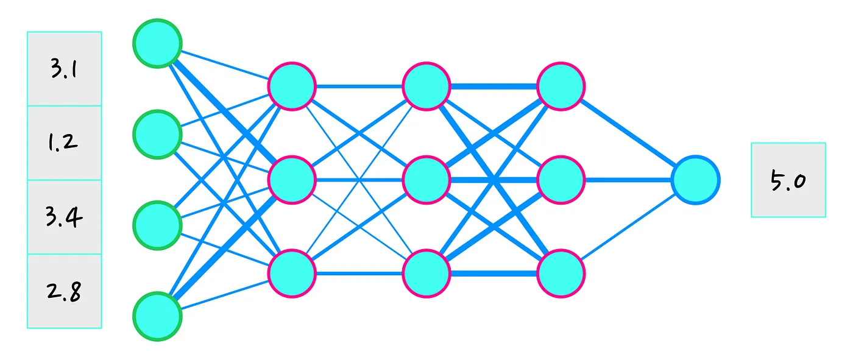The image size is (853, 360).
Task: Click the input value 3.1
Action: click(x=64, y=69)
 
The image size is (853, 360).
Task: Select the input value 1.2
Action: click(x=63, y=143)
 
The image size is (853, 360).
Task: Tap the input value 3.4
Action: click(x=64, y=216)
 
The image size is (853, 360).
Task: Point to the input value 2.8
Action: click(x=64, y=291)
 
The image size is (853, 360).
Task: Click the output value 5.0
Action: click(x=788, y=180)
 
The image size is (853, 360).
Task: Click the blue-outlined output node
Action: click(x=695, y=180)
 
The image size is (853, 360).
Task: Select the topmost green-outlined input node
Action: click(x=157, y=43)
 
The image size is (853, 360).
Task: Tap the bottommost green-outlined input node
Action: click(x=157, y=317)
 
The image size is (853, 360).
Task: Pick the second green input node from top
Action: click(x=157, y=135)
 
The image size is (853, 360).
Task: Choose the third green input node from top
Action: click(x=157, y=225)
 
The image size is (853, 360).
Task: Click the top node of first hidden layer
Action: click(x=292, y=86)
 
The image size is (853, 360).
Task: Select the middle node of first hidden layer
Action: click(x=292, y=180)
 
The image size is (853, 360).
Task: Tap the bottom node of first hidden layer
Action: click(x=292, y=274)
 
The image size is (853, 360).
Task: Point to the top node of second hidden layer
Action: click(x=426, y=86)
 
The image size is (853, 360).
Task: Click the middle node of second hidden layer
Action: click(x=426, y=180)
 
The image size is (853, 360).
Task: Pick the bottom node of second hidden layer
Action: click(x=426, y=274)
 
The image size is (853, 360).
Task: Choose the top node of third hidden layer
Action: click(x=561, y=86)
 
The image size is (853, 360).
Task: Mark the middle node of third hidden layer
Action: click(x=561, y=180)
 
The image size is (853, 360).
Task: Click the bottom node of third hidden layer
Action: click(x=561, y=274)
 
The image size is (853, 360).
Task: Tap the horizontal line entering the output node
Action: click(x=628, y=180)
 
